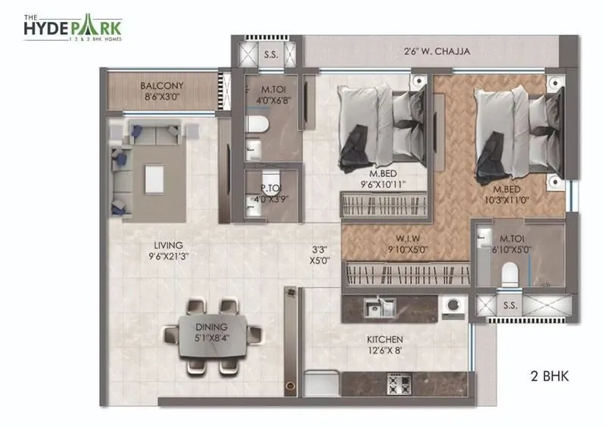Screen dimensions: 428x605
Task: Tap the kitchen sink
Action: click(376, 306)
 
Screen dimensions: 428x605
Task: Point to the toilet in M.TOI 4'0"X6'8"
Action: click(256, 125)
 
